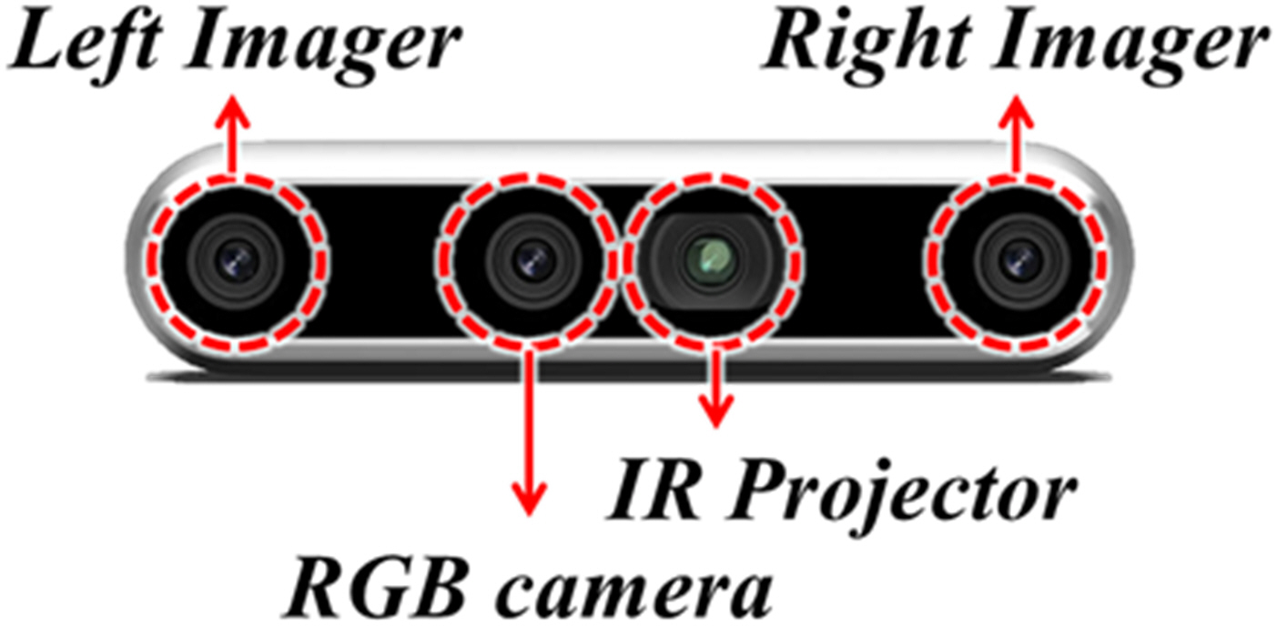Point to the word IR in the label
[x=646, y=491]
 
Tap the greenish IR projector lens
[x=710, y=258]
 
